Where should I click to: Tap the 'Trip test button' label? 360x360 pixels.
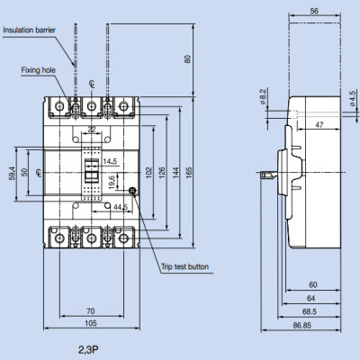coord(184,266)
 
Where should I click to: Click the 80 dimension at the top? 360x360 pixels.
coord(187,60)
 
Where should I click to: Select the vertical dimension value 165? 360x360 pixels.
coord(189,171)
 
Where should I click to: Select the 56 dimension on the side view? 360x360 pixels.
coord(312,12)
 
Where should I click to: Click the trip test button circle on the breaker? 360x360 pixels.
coord(132,191)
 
